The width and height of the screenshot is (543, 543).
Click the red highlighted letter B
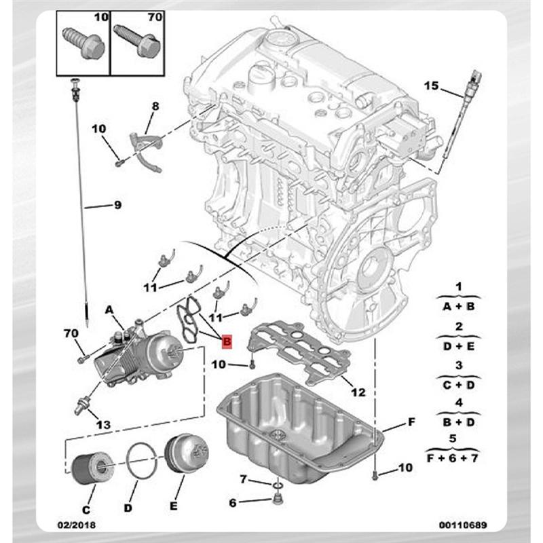(227, 341)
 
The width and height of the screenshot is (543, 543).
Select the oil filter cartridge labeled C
(89, 466)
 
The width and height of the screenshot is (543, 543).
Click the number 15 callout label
(432, 86)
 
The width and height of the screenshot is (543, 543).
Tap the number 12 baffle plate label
(360, 392)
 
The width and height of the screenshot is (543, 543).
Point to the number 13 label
(102, 425)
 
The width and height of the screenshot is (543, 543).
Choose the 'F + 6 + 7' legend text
(452, 460)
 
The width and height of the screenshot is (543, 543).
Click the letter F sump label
(411, 423)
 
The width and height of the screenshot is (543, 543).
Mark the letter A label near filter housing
(109, 310)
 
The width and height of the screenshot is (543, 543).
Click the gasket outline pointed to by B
(191, 320)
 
